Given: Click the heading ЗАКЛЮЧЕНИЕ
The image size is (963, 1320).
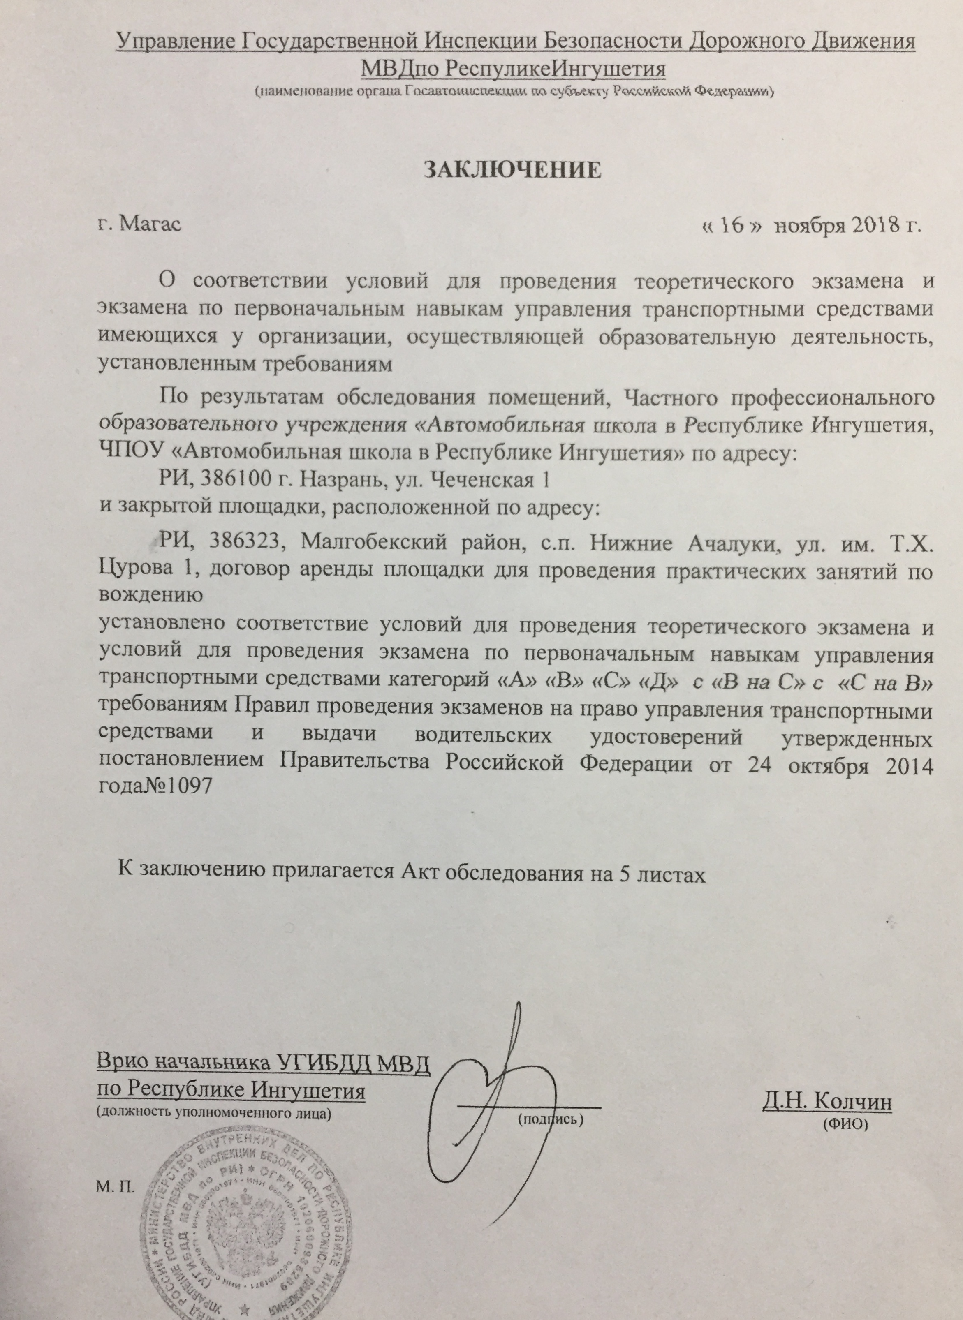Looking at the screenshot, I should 511,169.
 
